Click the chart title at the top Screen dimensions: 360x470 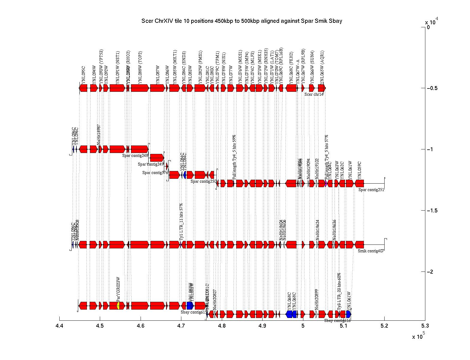pyautogui.click(x=242, y=21)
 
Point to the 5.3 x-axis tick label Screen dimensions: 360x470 pyautogui.click(x=425, y=326)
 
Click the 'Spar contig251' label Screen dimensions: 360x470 pyautogui.click(x=371, y=190)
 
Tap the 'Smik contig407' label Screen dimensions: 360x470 pyautogui.click(x=371, y=251)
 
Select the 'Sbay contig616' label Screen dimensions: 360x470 pyautogui.click(x=337, y=320)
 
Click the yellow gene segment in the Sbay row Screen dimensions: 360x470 pyautogui.click(x=118, y=306)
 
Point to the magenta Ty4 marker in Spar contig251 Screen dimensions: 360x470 pyautogui.click(x=326, y=183)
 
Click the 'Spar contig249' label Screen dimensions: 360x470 pyautogui.click(x=151, y=164)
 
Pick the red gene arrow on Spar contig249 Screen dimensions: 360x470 pyautogui.click(x=157, y=157)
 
